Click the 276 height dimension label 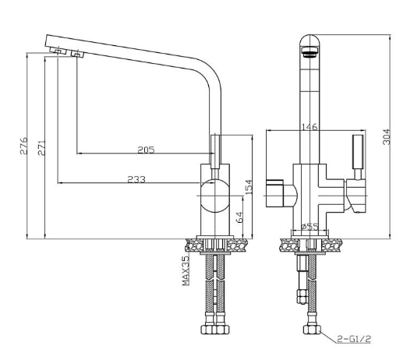click(23, 146)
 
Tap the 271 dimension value click(41, 148)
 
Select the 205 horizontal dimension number click(146, 150)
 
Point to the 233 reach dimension click(136, 179)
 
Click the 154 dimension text click(249, 187)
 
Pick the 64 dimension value click(240, 217)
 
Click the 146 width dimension click(310, 127)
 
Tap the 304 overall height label click(386, 136)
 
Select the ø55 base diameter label click(310, 227)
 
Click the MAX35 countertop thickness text click(186, 270)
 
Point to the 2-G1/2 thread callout click(353, 339)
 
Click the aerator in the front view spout click(310, 51)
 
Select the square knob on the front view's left click(274, 193)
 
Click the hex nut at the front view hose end click(312, 330)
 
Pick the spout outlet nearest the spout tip click(58, 51)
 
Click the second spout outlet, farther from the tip click(77, 54)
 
